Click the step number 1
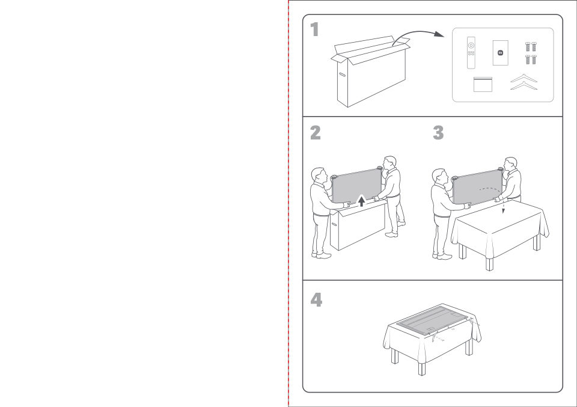coord(314,29)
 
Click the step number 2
coord(316,133)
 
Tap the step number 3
coord(438,133)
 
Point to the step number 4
coord(316,299)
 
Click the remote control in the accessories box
coord(471,53)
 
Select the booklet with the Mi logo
coord(501,53)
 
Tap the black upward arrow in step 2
coord(362,201)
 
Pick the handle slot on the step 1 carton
coord(342,75)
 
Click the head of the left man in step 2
coord(318,176)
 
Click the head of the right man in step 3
coord(511,164)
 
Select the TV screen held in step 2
coord(356,186)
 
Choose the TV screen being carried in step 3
coord(477,188)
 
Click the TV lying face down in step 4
coord(432,319)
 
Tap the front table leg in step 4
coord(422,369)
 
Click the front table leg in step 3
coord(489,264)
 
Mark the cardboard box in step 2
coord(358,225)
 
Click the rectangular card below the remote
coord(483,84)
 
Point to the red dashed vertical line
coord(288,203)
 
